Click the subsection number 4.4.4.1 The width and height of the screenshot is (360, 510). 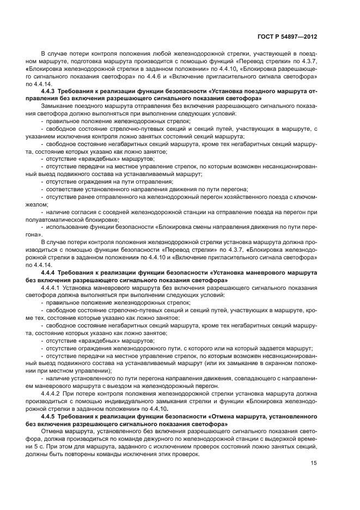tap(52, 288)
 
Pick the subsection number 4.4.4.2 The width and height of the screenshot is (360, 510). tap(52, 392)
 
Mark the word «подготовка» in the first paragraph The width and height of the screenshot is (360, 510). tap(81, 63)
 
